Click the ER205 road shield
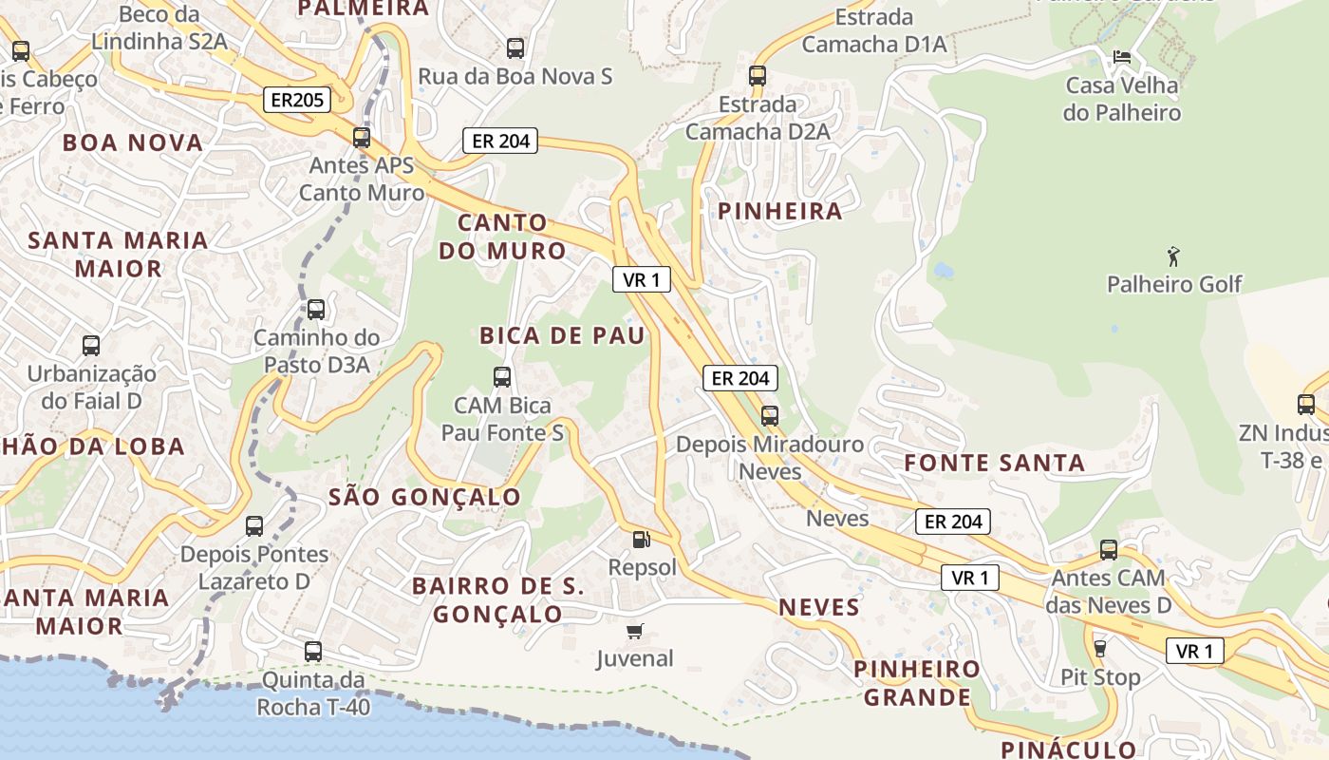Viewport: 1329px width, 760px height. (x=296, y=100)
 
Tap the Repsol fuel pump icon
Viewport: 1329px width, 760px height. (x=642, y=540)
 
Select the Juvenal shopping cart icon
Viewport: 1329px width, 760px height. (x=635, y=631)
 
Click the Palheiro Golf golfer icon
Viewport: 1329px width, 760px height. (x=1173, y=256)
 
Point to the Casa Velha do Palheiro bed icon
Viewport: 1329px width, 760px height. (x=1121, y=57)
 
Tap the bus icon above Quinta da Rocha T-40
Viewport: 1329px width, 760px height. (x=313, y=652)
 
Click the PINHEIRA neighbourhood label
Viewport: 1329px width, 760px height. (x=780, y=212)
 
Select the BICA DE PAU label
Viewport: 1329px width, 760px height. (x=562, y=335)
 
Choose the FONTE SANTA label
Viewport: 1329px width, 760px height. (x=994, y=464)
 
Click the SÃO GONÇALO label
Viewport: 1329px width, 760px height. (x=424, y=497)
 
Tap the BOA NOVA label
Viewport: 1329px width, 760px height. (x=133, y=143)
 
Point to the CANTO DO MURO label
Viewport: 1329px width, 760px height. (x=512, y=237)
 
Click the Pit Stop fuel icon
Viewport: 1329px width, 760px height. (x=1100, y=649)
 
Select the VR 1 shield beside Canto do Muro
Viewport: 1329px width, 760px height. (x=642, y=279)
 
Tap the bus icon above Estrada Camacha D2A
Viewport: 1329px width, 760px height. (x=757, y=75)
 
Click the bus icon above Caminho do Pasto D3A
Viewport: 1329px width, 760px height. (x=316, y=309)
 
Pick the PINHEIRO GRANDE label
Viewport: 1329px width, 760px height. (x=917, y=683)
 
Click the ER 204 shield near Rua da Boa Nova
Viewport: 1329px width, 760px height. (x=500, y=142)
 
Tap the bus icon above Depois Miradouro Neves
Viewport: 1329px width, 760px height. (x=770, y=415)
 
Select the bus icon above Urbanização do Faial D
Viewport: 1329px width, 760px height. (x=91, y=345)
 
